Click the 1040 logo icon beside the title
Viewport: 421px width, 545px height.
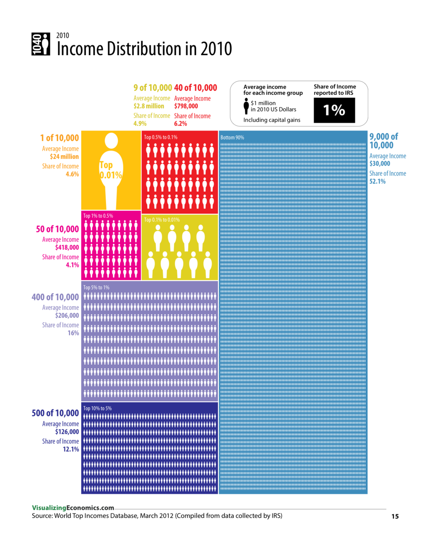[41, 44]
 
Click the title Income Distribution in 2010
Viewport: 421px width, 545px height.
[144, 49]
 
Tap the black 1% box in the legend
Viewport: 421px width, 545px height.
[334, 110]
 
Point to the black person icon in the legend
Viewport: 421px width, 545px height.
[246, 106]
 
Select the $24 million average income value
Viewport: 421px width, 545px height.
[64, 157]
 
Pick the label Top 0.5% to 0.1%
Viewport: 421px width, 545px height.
[161, 137]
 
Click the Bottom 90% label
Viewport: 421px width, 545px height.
[232, 138]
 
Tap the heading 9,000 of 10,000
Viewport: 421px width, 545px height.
[384, 141]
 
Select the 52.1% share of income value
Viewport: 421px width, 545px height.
[378, 182]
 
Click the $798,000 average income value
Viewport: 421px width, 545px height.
[186, 106]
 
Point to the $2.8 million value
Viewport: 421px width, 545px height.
[149, 106]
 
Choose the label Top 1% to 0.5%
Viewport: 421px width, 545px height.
[98, 216]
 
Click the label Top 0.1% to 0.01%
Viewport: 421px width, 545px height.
[162, 220]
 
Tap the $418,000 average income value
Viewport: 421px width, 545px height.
[67, 248]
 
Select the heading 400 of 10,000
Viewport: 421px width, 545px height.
[55, 297]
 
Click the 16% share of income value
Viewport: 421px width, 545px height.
[73, 333]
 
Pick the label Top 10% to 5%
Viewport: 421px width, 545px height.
[97, 408]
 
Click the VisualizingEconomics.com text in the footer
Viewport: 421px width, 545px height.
[73, 508]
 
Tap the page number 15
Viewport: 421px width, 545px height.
[395, 516]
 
